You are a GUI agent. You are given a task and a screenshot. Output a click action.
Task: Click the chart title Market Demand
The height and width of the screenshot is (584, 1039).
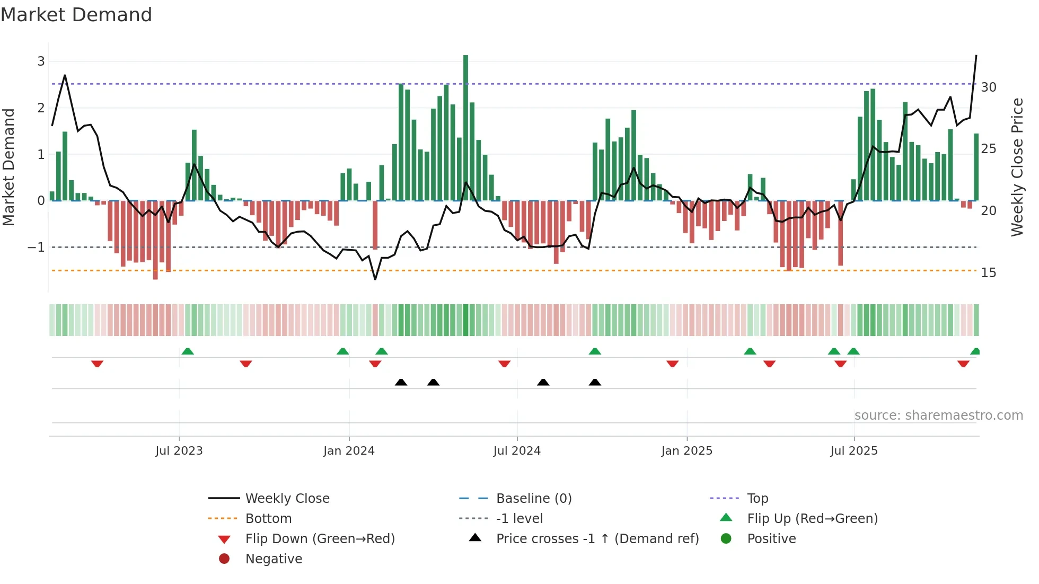(x=76, y=15)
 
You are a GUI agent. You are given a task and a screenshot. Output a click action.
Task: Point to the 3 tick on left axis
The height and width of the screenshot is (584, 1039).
(x=41, y=61)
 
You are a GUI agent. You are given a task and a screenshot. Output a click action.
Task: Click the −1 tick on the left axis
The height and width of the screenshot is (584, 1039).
(x=36, y=247)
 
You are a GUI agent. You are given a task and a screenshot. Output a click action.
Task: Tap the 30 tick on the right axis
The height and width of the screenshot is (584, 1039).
(x=988, y=87)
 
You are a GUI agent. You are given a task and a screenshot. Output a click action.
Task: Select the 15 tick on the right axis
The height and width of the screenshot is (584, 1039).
(x=988, y=273)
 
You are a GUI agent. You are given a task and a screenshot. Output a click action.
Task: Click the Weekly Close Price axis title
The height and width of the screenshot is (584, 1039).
(x=1017, y=167)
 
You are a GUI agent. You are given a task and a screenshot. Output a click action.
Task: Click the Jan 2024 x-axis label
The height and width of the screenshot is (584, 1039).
(x=349, y=451)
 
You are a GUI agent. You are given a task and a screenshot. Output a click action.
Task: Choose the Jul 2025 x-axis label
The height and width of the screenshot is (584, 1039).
(x=853, y=451)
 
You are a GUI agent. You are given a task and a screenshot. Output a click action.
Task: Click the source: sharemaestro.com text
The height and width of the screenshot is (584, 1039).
(x=938, y=415)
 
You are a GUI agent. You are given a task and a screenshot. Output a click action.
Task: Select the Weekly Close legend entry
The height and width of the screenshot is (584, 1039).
(x=287, y=499)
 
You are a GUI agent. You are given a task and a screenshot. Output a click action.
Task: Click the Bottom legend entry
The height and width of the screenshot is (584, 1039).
(x=268, y=519)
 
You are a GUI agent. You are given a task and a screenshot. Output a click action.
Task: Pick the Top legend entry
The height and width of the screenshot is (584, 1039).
(x=757, y=499)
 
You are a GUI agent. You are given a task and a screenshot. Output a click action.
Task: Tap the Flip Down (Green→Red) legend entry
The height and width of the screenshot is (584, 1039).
(x=320, y=539)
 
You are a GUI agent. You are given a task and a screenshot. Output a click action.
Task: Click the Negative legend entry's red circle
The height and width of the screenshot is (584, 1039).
(x=224, y=559)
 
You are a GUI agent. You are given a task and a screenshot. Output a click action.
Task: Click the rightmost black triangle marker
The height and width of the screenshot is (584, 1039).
(x=595, y=383)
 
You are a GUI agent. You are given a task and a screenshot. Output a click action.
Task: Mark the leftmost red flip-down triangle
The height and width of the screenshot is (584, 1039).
(x=97, y=364)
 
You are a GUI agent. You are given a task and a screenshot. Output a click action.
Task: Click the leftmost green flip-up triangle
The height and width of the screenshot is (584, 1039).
(x=188, y=351)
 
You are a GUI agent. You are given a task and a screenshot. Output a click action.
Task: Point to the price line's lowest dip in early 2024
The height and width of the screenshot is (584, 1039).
(x=375, y=279)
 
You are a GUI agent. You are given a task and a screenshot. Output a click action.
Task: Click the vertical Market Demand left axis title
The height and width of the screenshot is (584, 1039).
(x=8, y=167)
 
